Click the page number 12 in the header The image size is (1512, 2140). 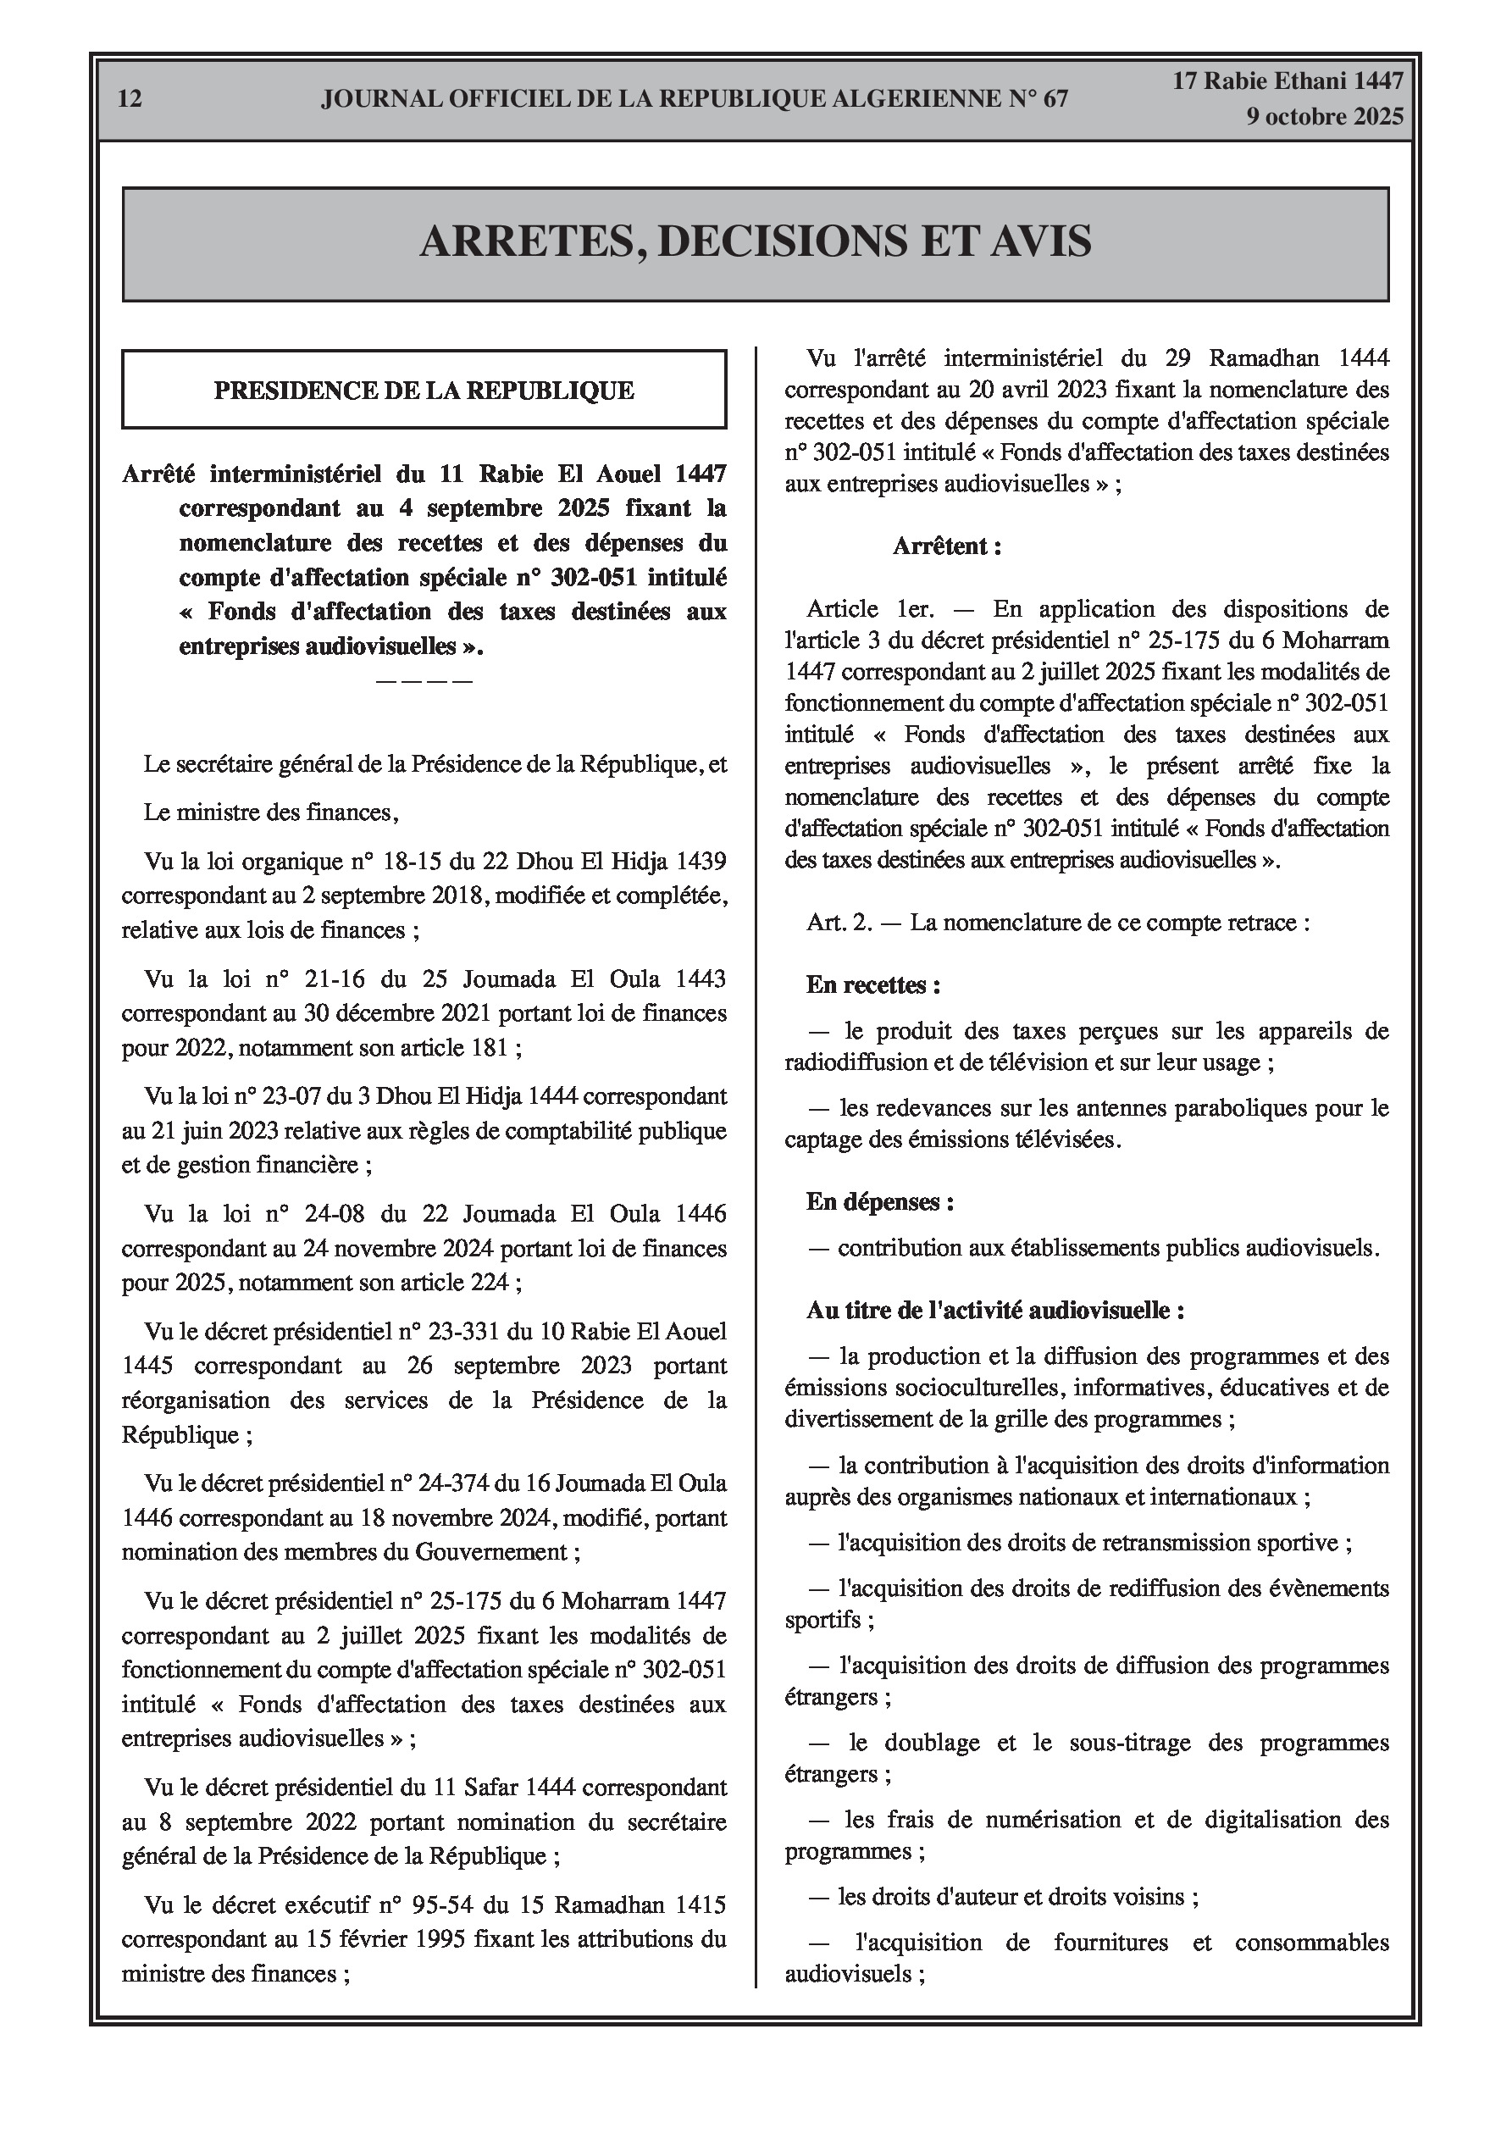130,99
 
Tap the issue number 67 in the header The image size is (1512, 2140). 1055,99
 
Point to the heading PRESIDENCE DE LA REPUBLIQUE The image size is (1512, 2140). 424,391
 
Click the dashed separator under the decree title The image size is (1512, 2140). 424,680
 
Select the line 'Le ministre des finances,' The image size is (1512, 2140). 271,812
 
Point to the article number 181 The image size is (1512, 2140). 490,1048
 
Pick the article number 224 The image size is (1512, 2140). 490,1283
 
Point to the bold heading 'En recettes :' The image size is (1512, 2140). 873,985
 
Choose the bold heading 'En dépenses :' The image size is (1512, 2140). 880,1202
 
